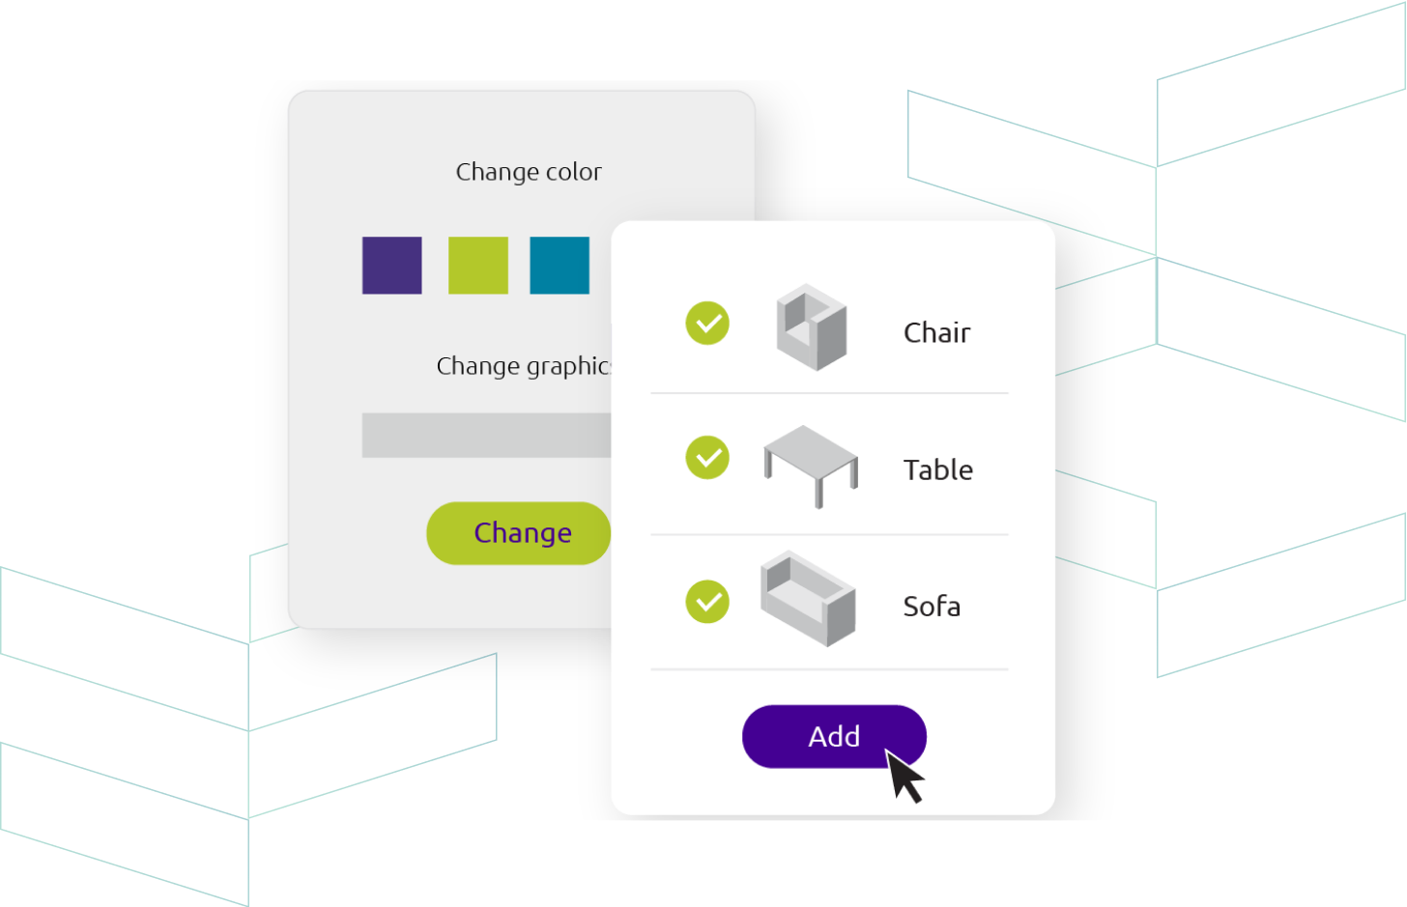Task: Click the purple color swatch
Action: (x=392, y=265)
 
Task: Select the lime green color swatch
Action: (x=478, y=265)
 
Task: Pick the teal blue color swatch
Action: (x=560, y=265)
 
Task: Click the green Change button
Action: (x=518, y=533)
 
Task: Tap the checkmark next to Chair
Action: (x=707, y=324)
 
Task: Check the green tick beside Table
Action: (x=707, y=458)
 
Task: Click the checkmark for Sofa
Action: (x=707, y=602)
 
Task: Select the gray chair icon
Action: (x=812, y=327)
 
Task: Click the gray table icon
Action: (x=811, y=467)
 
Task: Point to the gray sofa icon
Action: (x=808, y=599)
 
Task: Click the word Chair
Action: (x=936, y=332)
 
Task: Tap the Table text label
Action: (x=938, y=469)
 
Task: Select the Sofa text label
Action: (x=933, y=607)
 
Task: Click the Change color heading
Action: (x=529, y=172)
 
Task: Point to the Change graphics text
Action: (x=524, y=366)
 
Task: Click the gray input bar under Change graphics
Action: (x=487, y=435)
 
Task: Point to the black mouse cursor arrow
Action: (x=904, y=777)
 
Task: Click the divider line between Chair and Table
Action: (x=829, y=393)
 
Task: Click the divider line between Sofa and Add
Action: (x=829, y=669)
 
